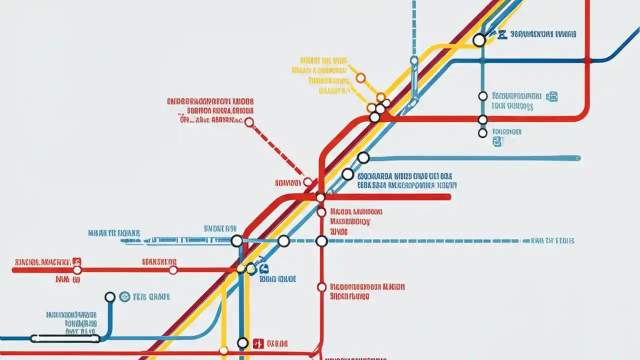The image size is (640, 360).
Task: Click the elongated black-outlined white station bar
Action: click(x=65, y=338)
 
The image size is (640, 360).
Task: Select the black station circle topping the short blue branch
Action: click(x=110, y=297)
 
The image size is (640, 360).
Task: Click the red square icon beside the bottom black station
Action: click(x=258, y=343)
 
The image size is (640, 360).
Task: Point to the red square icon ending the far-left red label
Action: click(x=76, y=261)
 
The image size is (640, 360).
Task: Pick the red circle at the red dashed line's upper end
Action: click(x=249, y=122)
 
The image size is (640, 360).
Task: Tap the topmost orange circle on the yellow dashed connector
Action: click(x=360, y=77)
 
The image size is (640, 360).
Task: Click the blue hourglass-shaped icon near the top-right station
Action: click(x=502, y=34)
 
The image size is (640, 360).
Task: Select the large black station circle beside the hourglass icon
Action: click(x=479, y=40)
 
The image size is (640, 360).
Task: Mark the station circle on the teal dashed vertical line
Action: click(x=414, y=60)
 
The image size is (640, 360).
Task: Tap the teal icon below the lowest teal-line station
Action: click(x=496, y=142)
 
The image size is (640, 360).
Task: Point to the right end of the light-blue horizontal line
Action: click(x=578, y=158)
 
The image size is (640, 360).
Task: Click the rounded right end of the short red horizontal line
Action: click(x=448, y=197)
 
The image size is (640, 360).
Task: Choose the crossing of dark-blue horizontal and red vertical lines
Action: click(x=588, y=61)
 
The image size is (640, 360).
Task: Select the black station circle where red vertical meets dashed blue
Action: click(x=321, y=241)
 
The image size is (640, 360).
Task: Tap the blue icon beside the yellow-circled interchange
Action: click(x=251, y=269)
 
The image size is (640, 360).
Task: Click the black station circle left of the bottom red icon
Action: click(x=242, y=343)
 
